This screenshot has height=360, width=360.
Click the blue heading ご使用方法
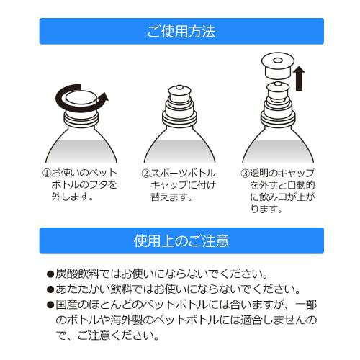point(180,32)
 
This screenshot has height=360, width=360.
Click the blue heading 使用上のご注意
point(180,240)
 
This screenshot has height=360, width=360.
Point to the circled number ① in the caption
point(46,174)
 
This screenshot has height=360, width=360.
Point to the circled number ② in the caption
point(144,174)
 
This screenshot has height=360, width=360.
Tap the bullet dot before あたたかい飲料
point(50,289)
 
